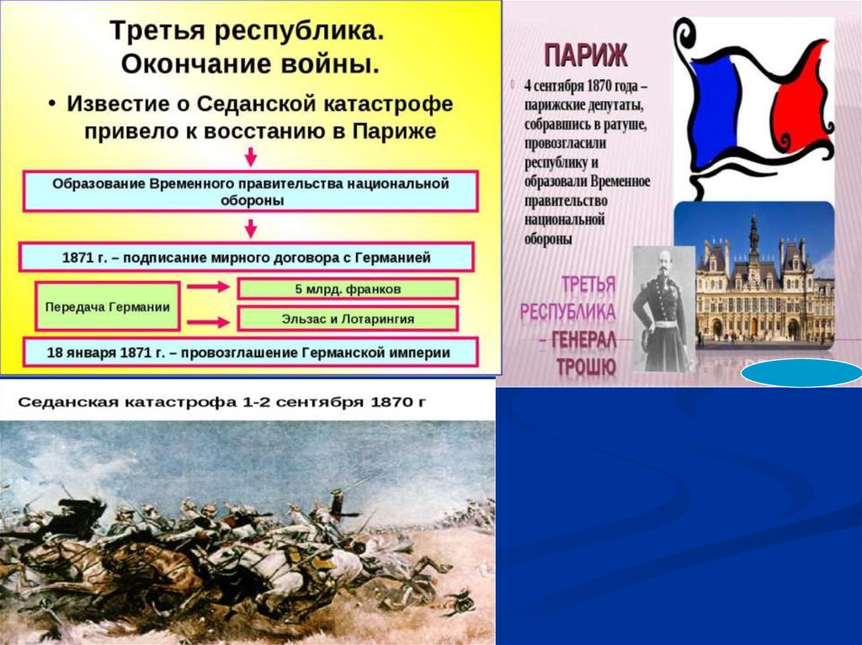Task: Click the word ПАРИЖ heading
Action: click(x=586, y=56)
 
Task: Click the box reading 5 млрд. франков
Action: click(x=348, y=289)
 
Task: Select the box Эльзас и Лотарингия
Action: click(x=348, y=319)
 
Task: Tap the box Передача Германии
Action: click(x=107, y=307)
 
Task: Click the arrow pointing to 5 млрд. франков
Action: click(x=208, y=286)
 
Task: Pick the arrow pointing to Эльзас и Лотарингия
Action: click(x=208, y=323)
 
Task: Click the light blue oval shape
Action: click(x=801, y=373)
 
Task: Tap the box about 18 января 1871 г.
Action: click(x=250, y=352)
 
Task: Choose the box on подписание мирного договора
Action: click(x=247, y=257)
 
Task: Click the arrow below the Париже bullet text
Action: click(x=251, y=156)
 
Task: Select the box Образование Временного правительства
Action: click(x=250, y=191)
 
